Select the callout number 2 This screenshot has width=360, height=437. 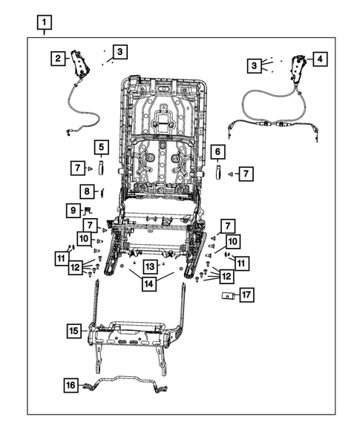click(58, 57)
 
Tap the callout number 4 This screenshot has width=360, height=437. click(319, 58)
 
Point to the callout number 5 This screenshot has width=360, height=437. click(100, 147)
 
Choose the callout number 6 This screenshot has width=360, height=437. click(217, 153)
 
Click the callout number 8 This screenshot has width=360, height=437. click(87, 192)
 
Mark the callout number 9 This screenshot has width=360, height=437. click(72, 211)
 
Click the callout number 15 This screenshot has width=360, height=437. click(73, 330)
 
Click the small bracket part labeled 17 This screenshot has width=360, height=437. click(229, 295)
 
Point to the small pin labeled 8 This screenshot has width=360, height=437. click(101, 192)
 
